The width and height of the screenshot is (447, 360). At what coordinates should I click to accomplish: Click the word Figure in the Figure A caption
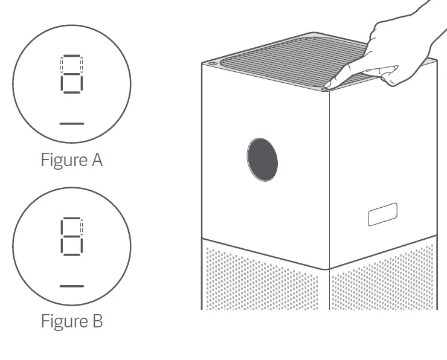62,160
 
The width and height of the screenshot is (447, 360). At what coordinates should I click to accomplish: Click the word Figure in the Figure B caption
62,321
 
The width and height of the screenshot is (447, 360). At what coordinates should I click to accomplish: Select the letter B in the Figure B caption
96,321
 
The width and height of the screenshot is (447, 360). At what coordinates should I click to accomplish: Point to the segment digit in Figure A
71,74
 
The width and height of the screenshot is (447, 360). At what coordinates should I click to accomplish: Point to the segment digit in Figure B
71,236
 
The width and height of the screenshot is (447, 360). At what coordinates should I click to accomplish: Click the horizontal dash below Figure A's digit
72,123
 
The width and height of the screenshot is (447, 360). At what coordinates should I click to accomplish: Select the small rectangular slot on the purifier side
382,214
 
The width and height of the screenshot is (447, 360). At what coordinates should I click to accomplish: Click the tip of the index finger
327,85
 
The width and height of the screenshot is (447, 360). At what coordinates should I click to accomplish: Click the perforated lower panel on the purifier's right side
384,278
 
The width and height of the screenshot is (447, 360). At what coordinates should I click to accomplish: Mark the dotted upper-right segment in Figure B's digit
81,226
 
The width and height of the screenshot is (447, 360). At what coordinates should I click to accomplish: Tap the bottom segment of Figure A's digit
71,92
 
